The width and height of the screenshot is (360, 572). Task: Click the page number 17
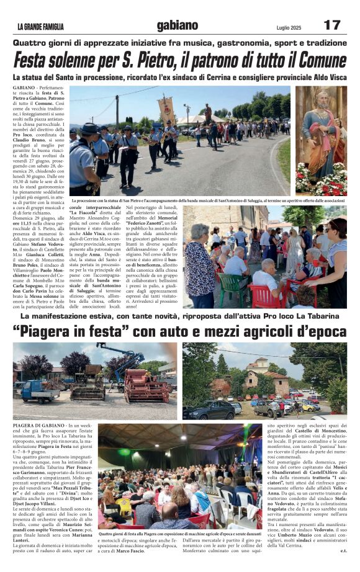[x=333, y=25]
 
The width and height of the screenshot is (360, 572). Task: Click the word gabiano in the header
[x=178, y=25]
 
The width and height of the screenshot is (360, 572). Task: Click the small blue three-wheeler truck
[x=38, y=391]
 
